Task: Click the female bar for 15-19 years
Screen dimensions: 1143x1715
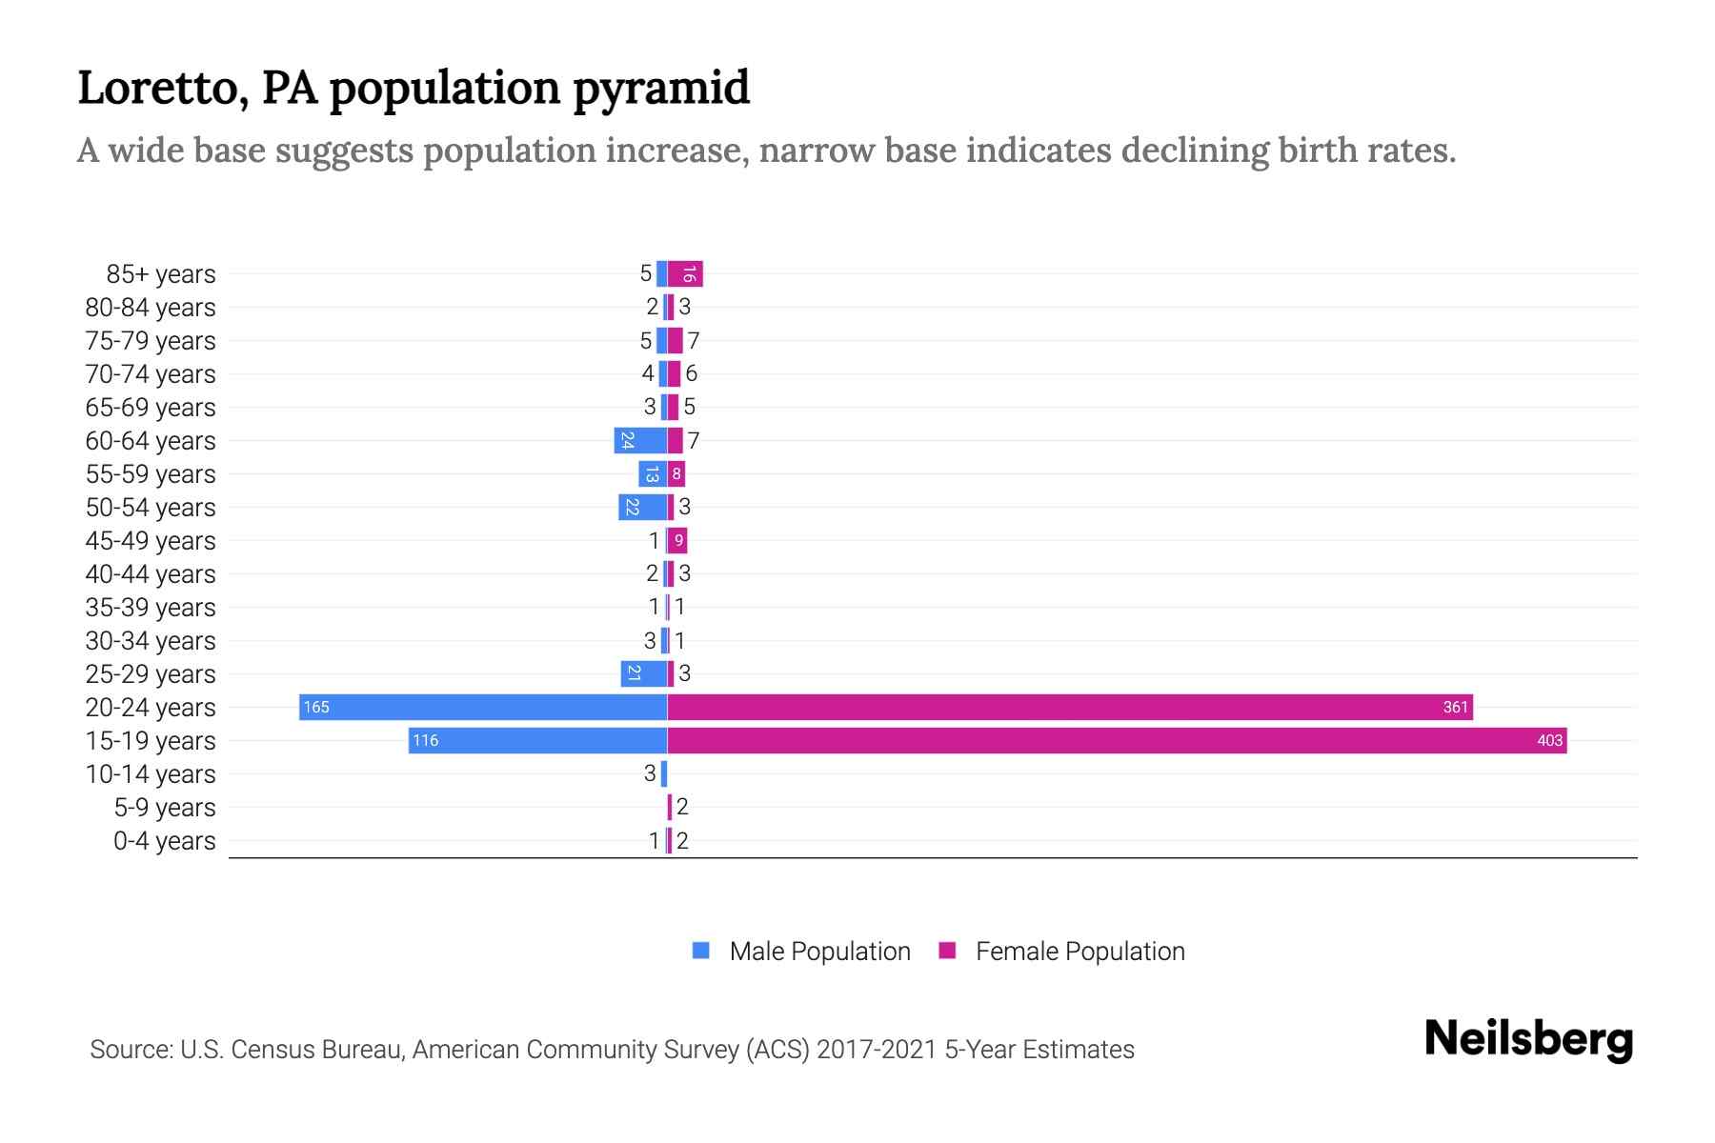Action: pos(1117,740)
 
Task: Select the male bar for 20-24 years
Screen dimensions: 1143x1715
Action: pos(483,707)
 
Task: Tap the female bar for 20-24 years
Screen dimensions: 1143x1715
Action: pos(1070,707)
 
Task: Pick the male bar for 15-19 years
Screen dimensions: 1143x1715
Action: pos(538,740)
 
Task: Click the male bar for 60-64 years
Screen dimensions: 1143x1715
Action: pos(640,440)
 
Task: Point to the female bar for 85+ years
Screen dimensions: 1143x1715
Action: pos(685,273)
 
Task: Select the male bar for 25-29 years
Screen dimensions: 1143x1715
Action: pos(644,673)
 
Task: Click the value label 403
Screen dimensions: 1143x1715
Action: pos(1549,740)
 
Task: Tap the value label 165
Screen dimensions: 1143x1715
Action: pos(316,707)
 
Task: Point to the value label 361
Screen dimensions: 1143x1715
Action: pos(1455,707)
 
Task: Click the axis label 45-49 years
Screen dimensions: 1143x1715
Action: pos(151,540)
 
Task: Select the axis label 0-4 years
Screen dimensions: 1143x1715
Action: pos(164,840)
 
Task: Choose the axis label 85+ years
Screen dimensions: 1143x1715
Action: pos(161,273)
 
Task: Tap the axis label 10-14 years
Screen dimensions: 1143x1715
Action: pos(151,773)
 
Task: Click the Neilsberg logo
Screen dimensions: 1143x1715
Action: pos(1528,1039)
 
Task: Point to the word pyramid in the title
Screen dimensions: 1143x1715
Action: pos(660,88)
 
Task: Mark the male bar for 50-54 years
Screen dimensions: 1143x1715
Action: pos(642,507)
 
